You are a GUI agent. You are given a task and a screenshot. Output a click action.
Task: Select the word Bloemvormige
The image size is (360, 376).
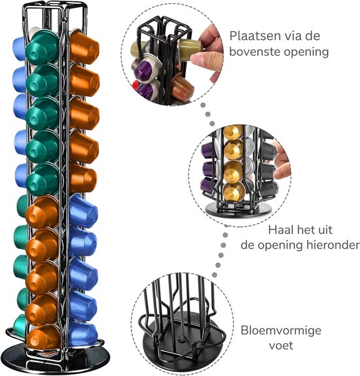[281, 331]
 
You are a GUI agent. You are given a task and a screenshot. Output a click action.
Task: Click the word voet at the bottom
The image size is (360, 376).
[281, 345]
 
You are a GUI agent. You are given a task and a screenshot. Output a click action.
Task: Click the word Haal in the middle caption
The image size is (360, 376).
[280, 230]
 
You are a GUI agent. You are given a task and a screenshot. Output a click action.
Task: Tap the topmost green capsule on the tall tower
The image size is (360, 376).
[43, 48]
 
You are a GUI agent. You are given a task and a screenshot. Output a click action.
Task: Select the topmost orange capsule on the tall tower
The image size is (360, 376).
[84, 48]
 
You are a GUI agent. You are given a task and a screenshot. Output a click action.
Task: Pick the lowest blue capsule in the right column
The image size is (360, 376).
[82, 334]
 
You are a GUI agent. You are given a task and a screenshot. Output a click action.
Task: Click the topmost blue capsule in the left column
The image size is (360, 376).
[19, 48]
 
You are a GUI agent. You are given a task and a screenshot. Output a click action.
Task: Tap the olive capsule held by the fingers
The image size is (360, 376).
[190, 50]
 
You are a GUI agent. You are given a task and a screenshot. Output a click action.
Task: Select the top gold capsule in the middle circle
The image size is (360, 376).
[233, 132]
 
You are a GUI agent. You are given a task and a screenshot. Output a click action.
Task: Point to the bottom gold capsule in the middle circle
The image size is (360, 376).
[234, 191]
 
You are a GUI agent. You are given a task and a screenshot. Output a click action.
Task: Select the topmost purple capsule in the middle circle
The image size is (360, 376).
[208, 150]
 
